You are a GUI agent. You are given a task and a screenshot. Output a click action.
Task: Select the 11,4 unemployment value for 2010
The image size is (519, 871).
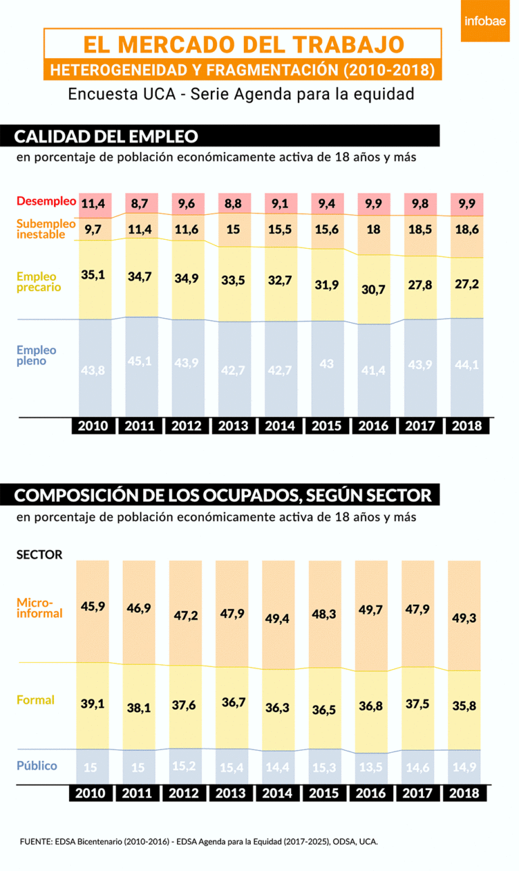click(x=93, y=203)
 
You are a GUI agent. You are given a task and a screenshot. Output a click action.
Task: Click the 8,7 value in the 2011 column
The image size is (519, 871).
click(x=141, y=203)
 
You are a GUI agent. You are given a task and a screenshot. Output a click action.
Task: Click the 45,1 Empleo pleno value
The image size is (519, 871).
click(x=141, y=361)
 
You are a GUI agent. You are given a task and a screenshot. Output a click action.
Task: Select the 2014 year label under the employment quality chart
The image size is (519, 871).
click(x=280, y=426)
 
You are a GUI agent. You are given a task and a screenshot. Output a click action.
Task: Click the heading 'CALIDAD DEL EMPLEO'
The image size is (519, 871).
click(x=107, y=136)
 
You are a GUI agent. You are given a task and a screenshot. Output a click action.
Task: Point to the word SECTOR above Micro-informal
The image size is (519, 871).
click(x=39, y=555)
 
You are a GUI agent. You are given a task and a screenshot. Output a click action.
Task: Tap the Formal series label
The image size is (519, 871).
click(x=36, y=700)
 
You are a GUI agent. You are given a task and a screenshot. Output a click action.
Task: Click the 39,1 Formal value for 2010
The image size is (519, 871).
click(x=93, y=704)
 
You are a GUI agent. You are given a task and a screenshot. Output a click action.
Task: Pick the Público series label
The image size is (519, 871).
click(x=36, y=766)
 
